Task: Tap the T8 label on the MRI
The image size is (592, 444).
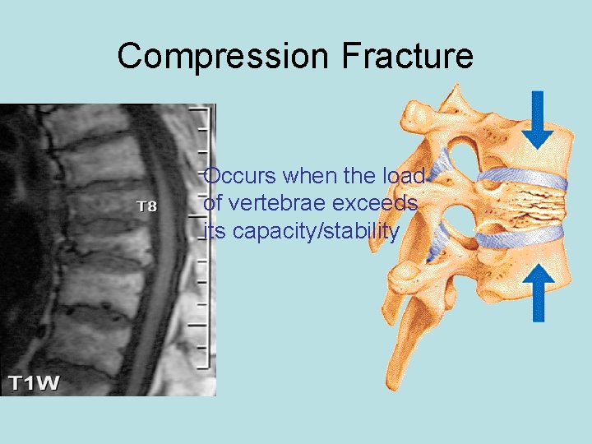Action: point(146,206)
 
